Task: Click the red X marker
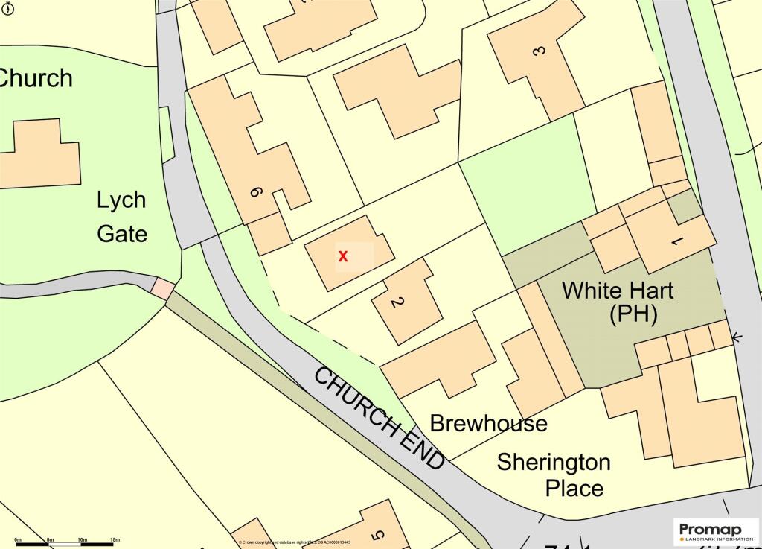pyautogui.click(x=343, y=256)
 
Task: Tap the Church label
pyautogui.click(x=36, y=77)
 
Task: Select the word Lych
pyautogui.click(x=121, y=200)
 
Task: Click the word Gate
pyautogui.click(x=122, y=233)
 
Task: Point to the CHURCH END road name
pyautogui.click(x=380, y=418)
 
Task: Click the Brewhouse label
pyautogui.click(x=489, y=424)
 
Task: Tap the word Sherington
pyautogui.click(x=554, y=462)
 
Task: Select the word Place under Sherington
pyautogui.click(x=574, y=489)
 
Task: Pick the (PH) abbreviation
pyautogui.click(x=633, y=314)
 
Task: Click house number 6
pyautogui.click(x=255, y=193)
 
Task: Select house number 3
pyautogui.click(x=540, y=51)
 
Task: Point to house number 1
pyautogui.click(x=676, y=241)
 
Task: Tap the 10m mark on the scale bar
pyautogui.click(x=82, y=539)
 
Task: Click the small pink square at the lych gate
pyautogui.click(x=163, y=288)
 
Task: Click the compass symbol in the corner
pyautogui.click(x=7, y=7)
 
